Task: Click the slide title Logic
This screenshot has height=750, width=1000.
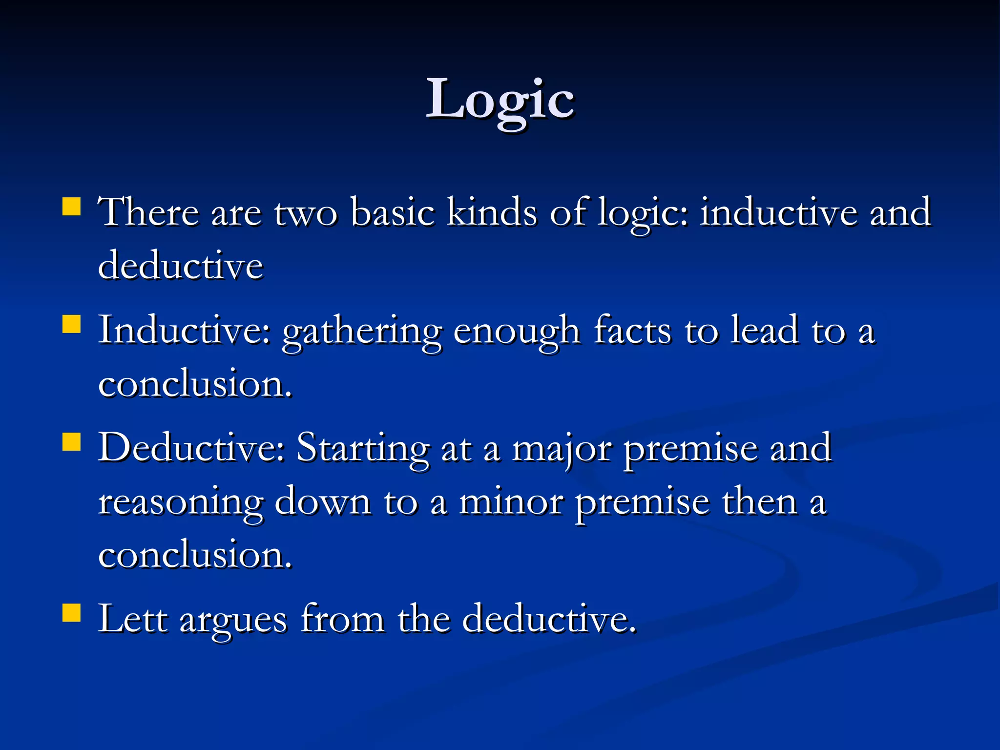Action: click(x=500, y=100)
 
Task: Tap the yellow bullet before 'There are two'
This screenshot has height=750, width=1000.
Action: click(x=71, y=207)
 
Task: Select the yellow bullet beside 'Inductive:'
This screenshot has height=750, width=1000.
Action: click(x=71, y=324)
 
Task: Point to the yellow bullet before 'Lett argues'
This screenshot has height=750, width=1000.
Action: click(x=71, y=612)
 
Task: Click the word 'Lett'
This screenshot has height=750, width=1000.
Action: click(x=132, y=619)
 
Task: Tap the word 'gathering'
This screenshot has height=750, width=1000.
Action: click(x=362, y=332)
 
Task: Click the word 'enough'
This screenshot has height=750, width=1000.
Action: click(x=517, y=332)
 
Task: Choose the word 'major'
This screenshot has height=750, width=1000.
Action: click(x=562, y=449)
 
